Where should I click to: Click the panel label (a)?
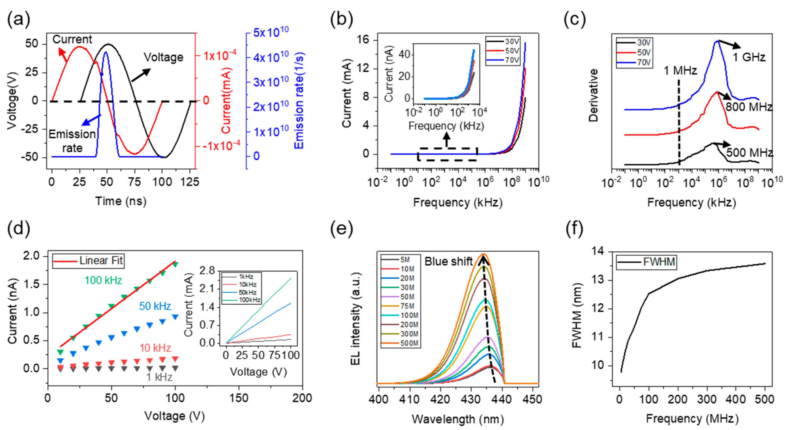coord(19,20)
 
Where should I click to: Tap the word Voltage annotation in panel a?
coord(164,57)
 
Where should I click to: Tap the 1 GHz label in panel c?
coord(749,57)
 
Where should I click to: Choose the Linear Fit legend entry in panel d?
coord(101,261)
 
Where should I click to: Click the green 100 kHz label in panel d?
coord(103,280)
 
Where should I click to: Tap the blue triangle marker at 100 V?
coord(175,317)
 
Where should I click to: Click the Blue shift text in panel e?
coord(448,262)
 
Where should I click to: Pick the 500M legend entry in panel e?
coord(409,343)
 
